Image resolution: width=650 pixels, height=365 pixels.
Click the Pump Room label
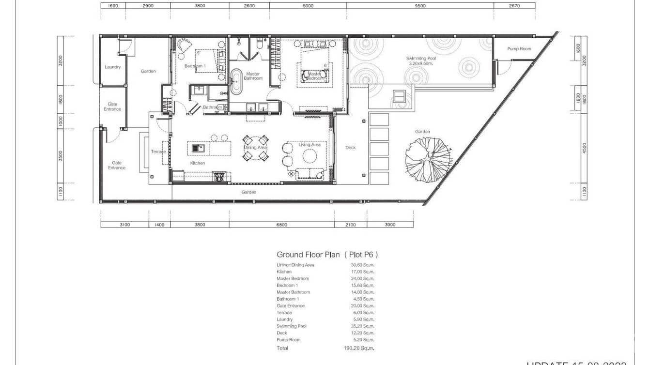point(519,49)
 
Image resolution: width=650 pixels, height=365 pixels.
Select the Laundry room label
point(112,67)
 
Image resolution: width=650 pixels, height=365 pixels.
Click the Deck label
point(350,148)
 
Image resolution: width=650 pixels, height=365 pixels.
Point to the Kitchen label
point(197,163)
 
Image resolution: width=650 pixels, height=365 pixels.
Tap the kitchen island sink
point(198,148)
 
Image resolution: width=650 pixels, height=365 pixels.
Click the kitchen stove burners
point(218,177)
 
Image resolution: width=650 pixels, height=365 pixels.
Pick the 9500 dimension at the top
point(420,6)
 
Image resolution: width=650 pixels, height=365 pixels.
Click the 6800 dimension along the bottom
point(281,225)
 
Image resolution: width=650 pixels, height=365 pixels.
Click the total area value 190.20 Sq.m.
point(362,348)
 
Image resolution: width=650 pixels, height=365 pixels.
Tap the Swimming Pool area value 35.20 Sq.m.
point(362,326)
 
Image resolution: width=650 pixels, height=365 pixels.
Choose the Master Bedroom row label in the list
point(293,279)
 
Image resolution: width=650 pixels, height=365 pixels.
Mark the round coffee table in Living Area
point(310,155)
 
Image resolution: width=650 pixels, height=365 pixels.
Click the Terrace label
point(158,152)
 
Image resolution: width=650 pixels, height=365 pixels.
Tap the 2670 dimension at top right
point(514,6)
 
